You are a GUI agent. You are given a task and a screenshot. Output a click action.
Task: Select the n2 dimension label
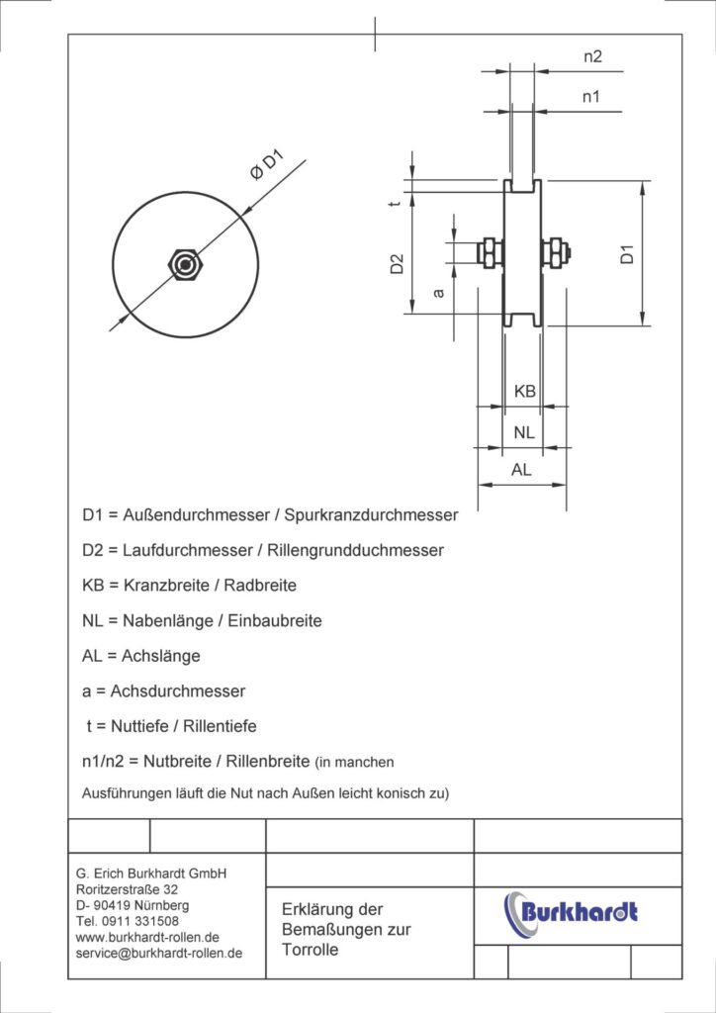click(x=591, y=57)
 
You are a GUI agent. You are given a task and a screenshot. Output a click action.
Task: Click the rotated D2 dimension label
click(x=397, y=264)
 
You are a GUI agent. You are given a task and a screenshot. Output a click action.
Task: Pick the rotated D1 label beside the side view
click(x=627, y=253)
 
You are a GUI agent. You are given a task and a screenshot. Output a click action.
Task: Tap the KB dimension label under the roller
click(x=525, y=392)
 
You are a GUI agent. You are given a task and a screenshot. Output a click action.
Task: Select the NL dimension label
click(x=524, y=432)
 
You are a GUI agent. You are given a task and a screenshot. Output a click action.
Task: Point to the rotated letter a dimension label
click(x=439, y=293)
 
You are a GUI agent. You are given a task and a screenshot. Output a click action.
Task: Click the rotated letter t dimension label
click(x=396, y=204)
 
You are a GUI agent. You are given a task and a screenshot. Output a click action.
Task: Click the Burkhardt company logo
click(x=572, y=910)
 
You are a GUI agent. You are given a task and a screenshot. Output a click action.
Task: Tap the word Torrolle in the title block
click(x=311, y=950)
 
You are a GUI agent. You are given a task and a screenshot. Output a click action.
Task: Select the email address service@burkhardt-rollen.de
click(x=159, y=953)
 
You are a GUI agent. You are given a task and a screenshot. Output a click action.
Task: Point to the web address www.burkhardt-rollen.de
click(x=147, y=937)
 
